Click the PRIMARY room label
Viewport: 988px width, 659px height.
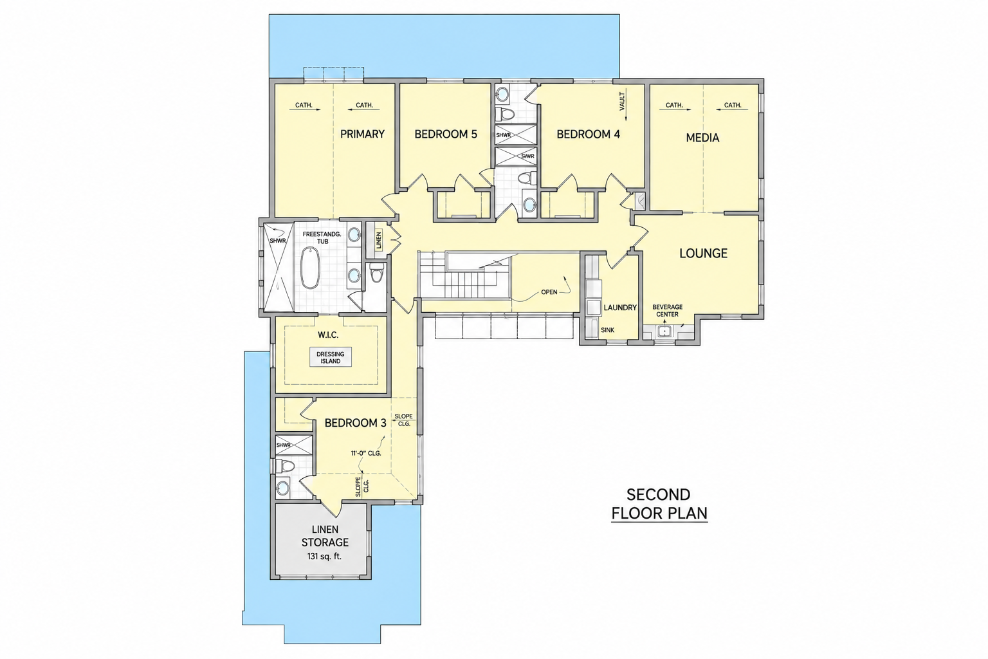(362, 135)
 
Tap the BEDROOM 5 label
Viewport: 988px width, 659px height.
(446, 135)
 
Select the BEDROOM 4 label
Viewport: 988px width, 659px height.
(588, 135)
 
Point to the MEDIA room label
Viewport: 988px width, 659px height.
(702, 138)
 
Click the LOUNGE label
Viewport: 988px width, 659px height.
(703, 254)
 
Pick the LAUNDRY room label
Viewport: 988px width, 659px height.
(620, 308)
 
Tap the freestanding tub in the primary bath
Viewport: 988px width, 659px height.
(311, 268)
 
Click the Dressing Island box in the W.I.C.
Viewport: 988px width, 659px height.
(331, 358)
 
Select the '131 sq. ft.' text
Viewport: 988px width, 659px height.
(325, 557)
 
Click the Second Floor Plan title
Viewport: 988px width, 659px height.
(659, 504)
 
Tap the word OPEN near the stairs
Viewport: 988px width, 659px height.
(549, 292)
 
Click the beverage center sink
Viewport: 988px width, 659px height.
(664, 331)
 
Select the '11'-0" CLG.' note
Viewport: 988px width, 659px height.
(366, 453)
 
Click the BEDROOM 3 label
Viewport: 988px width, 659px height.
(356, 423)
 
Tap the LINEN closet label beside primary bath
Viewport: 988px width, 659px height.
(378, 241)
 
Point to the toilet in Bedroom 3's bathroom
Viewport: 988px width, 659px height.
(286, 466)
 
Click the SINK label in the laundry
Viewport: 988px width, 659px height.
(607, 330)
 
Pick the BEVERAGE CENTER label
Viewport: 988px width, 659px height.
(667, 311)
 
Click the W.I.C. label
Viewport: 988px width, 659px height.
(328, 335)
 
